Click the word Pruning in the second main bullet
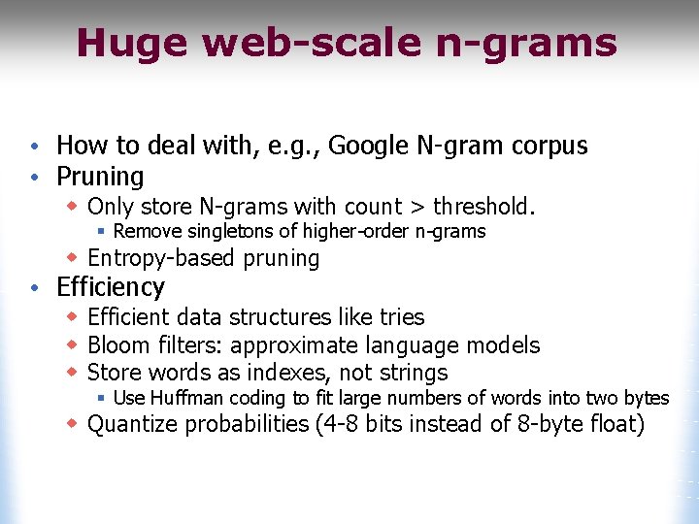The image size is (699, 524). click(100, 177)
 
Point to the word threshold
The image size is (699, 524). click(483, 206)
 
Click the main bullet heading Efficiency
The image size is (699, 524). click(111, 287)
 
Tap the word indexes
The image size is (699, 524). click(281, 373)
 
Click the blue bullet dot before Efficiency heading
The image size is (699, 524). click(34, 288)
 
